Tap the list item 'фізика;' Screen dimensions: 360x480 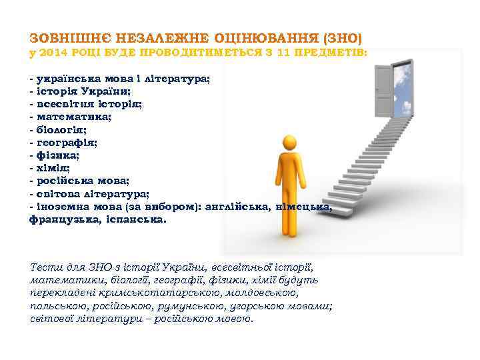(57, 155)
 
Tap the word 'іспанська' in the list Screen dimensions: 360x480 (137, 219)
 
